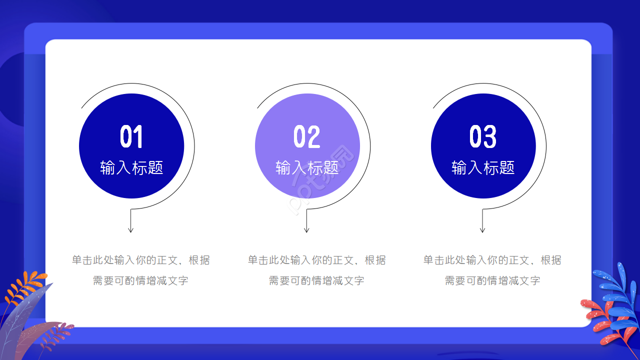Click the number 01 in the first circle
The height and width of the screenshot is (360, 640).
pyautogui.click(x=131, y=136)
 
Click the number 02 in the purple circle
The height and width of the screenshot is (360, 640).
pyautogui.click(x=307, y=136)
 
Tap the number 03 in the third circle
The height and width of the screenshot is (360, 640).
pyautogui.click(x=483, y=136)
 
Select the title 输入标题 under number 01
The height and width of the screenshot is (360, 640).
pyautogui.click(x=131, y=167)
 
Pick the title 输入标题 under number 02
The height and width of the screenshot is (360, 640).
pyautogui.click(x=307, y=167)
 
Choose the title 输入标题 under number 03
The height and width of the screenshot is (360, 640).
pyautogui.click(x=483, y=167)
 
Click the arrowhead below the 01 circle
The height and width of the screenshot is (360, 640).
pyautogui.click(x=131, y=229)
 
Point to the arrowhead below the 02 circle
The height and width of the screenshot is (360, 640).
pyautogui.click(x=306, y=229)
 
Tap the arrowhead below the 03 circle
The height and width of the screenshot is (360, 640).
pyautogui.click(x=482, y=229)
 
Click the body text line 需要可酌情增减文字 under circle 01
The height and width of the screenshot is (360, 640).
pyautogui.click(x=140, y=280)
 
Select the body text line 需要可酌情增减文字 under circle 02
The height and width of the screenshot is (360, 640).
pyautogui.click(x=316, y=280)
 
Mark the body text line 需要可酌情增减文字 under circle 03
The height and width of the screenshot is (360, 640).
pyautogui.click(x=492, y=280)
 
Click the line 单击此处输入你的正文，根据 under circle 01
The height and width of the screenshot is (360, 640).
pyautogui.click(x=140, y=260)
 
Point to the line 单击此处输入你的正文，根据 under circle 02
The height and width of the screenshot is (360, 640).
pyautogui.click(x=316, y=260)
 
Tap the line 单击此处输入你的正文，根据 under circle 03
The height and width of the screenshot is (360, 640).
pyautogui.click(x=492, y=260)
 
